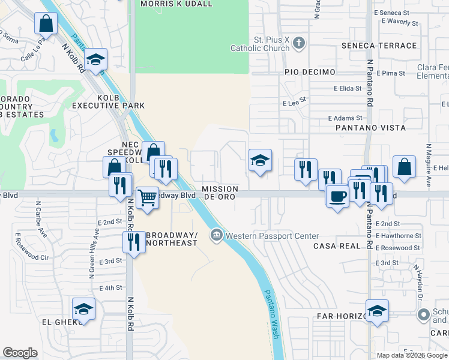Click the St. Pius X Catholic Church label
pos(270,45)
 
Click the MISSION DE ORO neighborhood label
pos(218,193)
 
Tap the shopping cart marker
pos(147,197)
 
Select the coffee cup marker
pos(337,195)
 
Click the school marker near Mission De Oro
pos(259,160)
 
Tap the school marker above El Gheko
pos(84,309)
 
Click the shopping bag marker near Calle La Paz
pos(46,24)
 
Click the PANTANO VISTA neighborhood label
pos(370,128)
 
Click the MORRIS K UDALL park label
pos(176,4)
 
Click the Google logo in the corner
pos(20,353)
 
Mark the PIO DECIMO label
pos(310,72)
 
